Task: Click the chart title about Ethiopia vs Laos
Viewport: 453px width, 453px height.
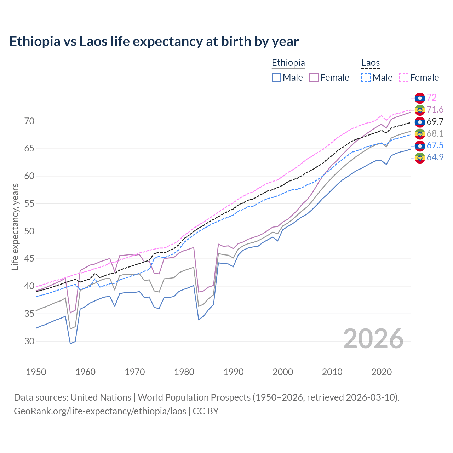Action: (154, 41)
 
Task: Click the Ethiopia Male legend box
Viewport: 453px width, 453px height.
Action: (276, 78)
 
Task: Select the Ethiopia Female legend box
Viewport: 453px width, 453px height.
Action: (314, 78)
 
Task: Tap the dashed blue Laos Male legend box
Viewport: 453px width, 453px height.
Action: (366, 78)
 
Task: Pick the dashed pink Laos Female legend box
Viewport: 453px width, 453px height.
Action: (404, 78)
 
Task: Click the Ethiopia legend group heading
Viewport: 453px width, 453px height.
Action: (288, 63)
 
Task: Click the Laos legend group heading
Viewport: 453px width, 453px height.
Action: (370, 63)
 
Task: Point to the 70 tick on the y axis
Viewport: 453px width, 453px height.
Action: (29, 121)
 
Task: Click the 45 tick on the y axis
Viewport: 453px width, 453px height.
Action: (29, 259)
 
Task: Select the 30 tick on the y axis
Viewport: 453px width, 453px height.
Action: (29, 341)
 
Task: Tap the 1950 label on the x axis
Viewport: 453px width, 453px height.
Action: (36, 372)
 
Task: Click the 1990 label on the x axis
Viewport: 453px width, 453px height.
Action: (234, 372)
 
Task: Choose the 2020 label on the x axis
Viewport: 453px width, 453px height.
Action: (382, 372)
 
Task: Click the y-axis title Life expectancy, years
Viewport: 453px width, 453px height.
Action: (15, 226)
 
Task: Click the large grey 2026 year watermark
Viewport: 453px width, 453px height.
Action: (373, 339)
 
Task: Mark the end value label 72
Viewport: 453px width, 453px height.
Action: (431, 97)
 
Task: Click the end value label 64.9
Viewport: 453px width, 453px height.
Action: (435, 157)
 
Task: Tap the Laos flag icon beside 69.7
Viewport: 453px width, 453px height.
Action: (420, 122)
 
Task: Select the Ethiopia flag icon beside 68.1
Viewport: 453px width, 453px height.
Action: (420, 134)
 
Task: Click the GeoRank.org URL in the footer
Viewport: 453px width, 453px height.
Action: (100, 411)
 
